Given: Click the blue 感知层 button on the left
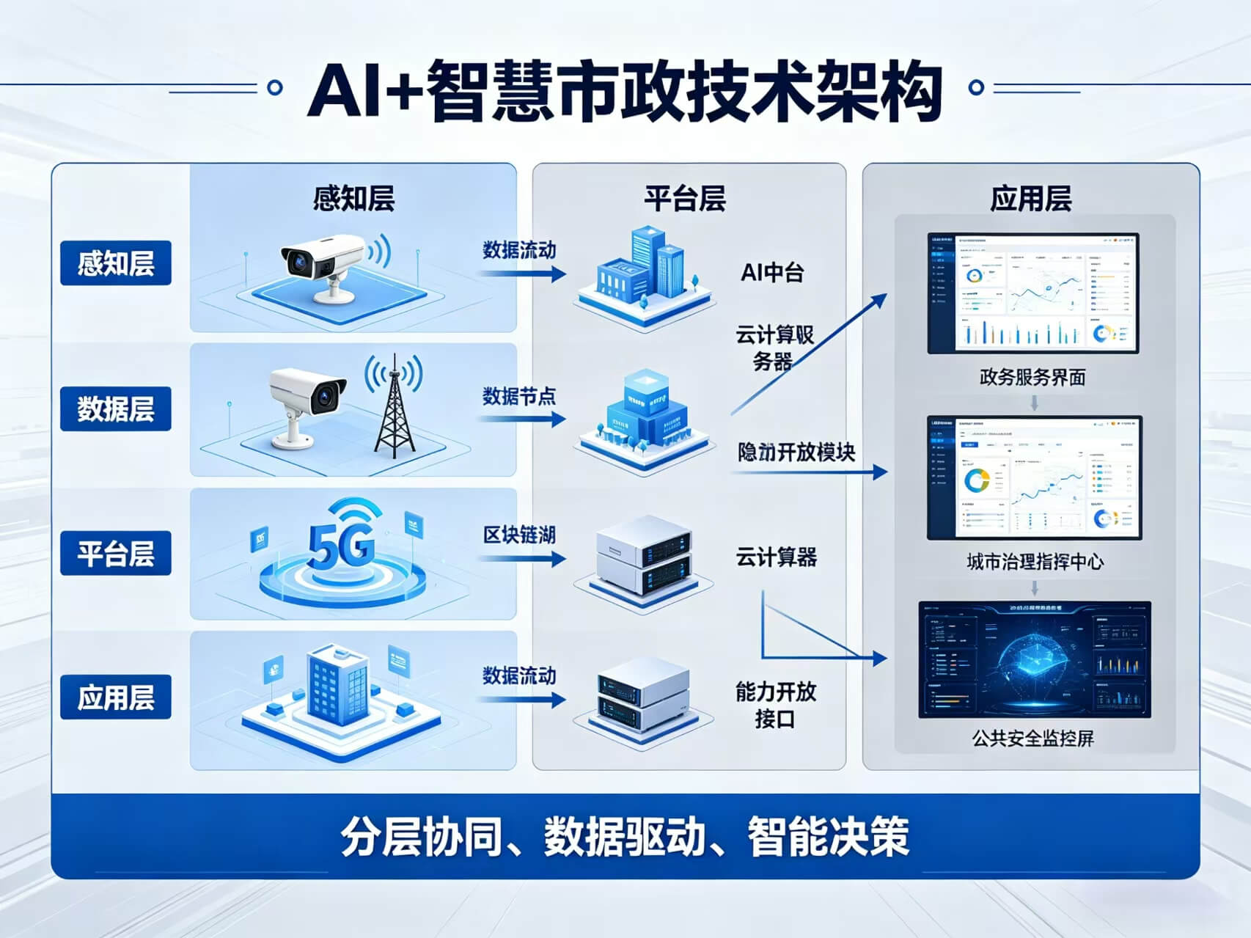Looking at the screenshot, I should click(116, 263).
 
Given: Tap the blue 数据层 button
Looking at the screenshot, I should click(116, 408).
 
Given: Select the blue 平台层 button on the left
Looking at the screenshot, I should click(116, 553).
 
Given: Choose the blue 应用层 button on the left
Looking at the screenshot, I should click(116, 697).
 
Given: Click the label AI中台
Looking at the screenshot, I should click(772, 273).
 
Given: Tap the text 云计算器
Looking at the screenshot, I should click(776, 557).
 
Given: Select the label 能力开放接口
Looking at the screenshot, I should click(776, 705).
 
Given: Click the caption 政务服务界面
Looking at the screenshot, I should click(1032, 378).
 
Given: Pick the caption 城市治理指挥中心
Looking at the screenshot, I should click(1035, 562).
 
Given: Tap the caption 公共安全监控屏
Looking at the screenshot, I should click(1033, 738).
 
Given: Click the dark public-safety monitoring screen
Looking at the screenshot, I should click(1035, 659).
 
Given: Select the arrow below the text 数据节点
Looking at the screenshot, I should click(523, 419).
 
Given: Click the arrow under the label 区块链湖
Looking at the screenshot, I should click(523, 559).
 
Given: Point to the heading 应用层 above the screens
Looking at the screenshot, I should click(1031, 199).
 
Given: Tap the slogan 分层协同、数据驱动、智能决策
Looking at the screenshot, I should click(625, 836).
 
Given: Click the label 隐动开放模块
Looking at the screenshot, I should click(796, 452).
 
